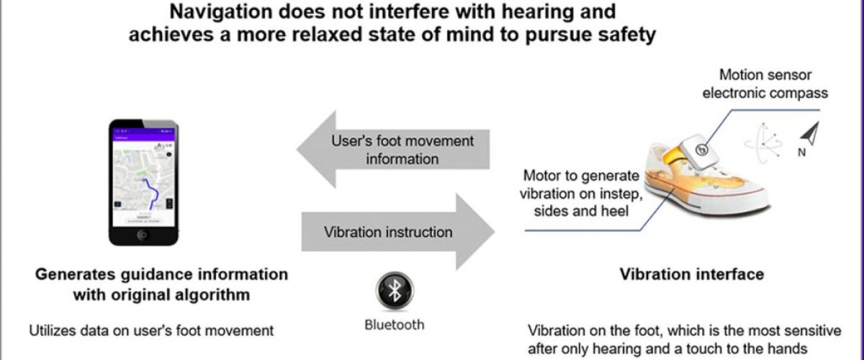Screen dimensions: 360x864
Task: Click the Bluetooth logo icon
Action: (394, 291)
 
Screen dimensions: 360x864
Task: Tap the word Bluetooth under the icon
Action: (394, 325)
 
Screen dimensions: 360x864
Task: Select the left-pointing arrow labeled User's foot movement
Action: (395, 149)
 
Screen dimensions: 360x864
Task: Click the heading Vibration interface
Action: (692, 274)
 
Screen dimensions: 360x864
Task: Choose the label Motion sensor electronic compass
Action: (765, 84)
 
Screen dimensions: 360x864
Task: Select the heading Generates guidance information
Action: (161, 274)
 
